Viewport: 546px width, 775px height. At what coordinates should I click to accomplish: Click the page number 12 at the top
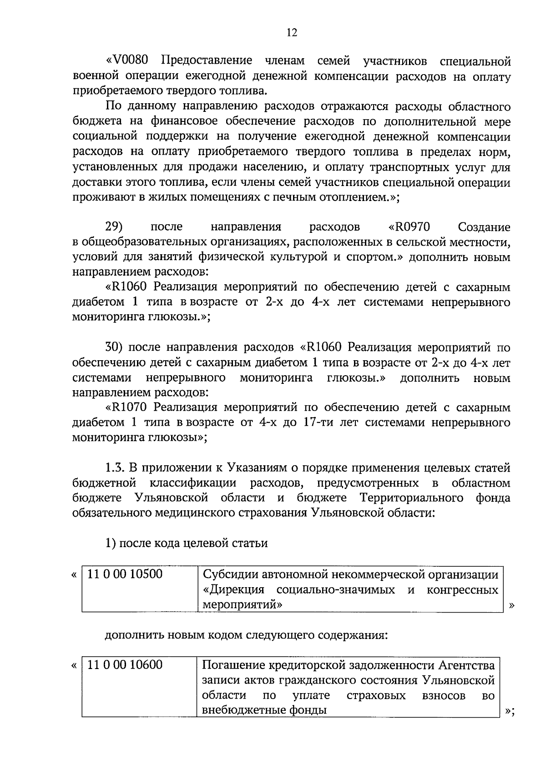[292, 33]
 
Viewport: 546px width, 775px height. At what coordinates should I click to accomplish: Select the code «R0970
[409, 226]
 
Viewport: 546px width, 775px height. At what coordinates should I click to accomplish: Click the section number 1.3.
[115, 468]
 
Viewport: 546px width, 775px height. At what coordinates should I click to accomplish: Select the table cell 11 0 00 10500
[125, 574]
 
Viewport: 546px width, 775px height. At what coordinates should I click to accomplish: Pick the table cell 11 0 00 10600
[125, 665]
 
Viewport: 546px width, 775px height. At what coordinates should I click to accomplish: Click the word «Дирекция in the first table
[233, 590]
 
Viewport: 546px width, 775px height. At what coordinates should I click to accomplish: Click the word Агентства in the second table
[466, 665]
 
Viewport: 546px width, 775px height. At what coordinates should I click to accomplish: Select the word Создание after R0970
[484, 226]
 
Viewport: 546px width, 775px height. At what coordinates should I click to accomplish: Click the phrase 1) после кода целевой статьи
[186, 543]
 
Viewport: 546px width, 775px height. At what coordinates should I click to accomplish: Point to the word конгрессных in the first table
[462, 590]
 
